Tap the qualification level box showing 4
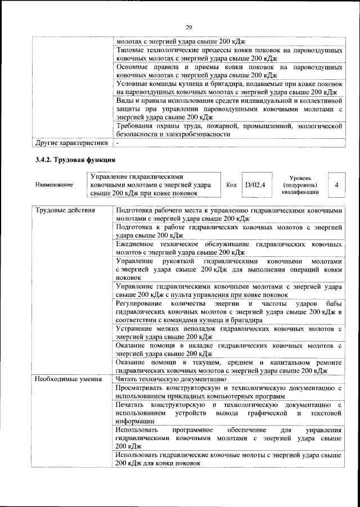[x=336, y=184]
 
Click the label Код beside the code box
[x=231, y=184]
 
